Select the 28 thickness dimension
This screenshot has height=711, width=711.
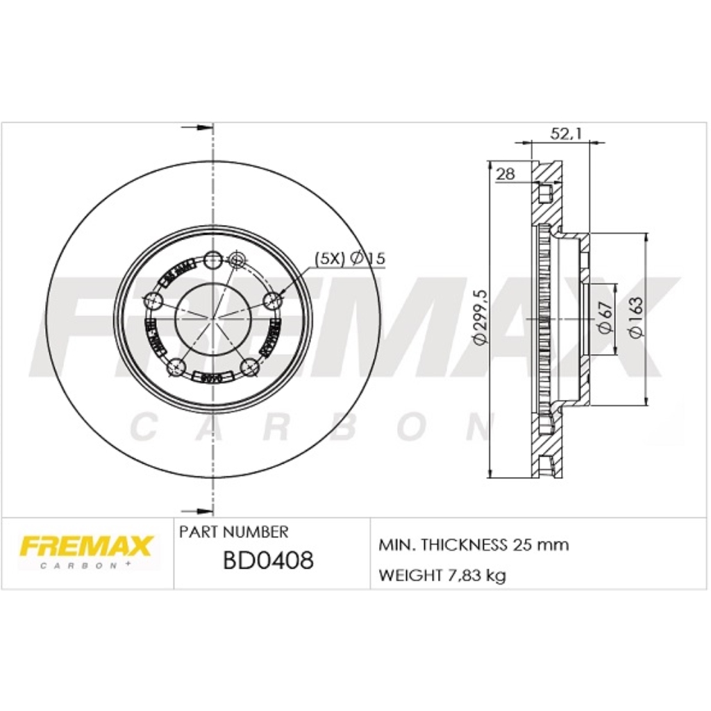506,175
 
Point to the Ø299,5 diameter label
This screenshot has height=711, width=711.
478,318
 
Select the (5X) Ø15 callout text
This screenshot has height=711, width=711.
350,258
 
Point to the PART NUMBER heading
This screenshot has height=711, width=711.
233,533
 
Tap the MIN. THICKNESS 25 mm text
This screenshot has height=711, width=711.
474,544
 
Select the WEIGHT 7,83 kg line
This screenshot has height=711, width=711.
442,575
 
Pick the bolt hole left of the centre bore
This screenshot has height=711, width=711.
153,301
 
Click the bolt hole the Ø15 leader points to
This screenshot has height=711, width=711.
274,300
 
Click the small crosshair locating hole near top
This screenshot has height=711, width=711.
236,260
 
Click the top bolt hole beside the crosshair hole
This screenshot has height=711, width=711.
214,260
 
